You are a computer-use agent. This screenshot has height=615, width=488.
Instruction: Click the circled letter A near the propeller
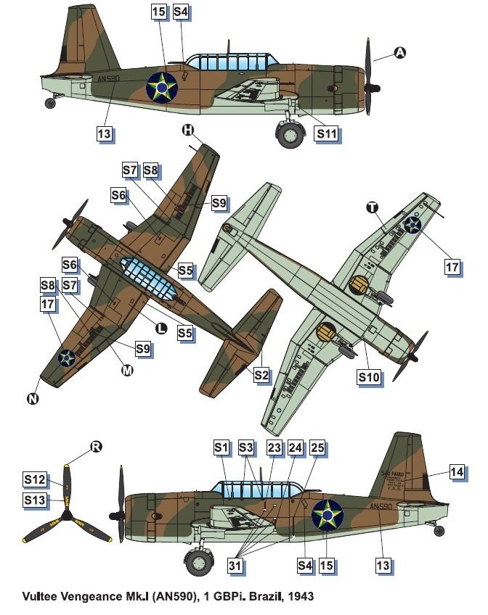click(x=399, y=52)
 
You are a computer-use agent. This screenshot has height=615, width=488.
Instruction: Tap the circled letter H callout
click(x=187, y=130)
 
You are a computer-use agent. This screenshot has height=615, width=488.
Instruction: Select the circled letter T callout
click(x=372, y=207)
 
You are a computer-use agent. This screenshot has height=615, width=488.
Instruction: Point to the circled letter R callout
click(x=95, y=446)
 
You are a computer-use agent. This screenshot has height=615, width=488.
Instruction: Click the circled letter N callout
click(x=33, y=398)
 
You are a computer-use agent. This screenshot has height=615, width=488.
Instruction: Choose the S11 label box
click(x=326, y=134)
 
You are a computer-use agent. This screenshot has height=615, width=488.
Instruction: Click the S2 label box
click(x=262, y=375)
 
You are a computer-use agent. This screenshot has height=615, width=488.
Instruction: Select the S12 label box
click(x=34, y=479)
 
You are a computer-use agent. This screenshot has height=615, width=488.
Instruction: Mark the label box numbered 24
click(x=296, y=448)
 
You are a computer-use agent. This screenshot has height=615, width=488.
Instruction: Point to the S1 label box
click(x=221, y=448)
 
